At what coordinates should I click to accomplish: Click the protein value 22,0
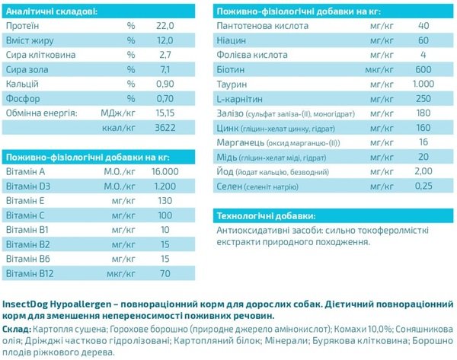click(x=166, y=26)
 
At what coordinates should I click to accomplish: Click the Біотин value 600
click(x=423, y=69)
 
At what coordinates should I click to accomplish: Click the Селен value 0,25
click(x=423, y=185)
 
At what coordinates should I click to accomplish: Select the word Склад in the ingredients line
click(x=17, y=328)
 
